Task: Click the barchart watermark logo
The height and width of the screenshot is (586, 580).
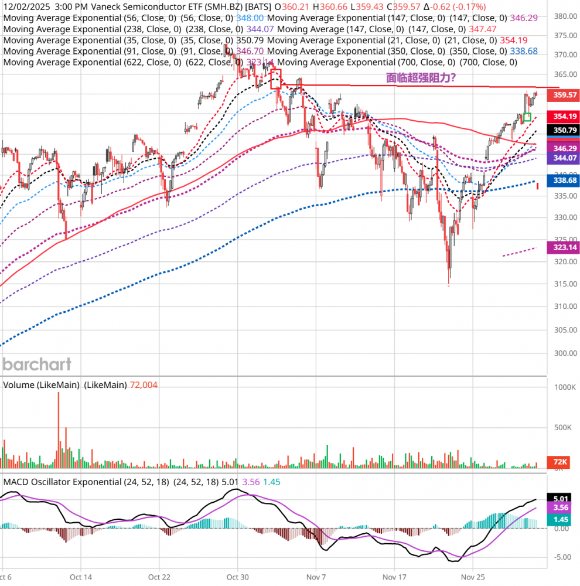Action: coord(37,364)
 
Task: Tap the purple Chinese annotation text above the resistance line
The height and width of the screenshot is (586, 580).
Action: coord(421,77)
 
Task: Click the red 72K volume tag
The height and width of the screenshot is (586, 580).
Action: coord(561,462)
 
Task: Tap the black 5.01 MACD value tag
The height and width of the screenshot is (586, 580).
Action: coord(561,498)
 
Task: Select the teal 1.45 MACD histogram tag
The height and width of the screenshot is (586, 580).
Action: coord(561,519)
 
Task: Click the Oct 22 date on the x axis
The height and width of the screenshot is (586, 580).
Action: coord(159,577)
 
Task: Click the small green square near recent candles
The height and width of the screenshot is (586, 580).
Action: coord(527,117)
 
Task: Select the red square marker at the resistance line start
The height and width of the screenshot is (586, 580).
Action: coord(277,79)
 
